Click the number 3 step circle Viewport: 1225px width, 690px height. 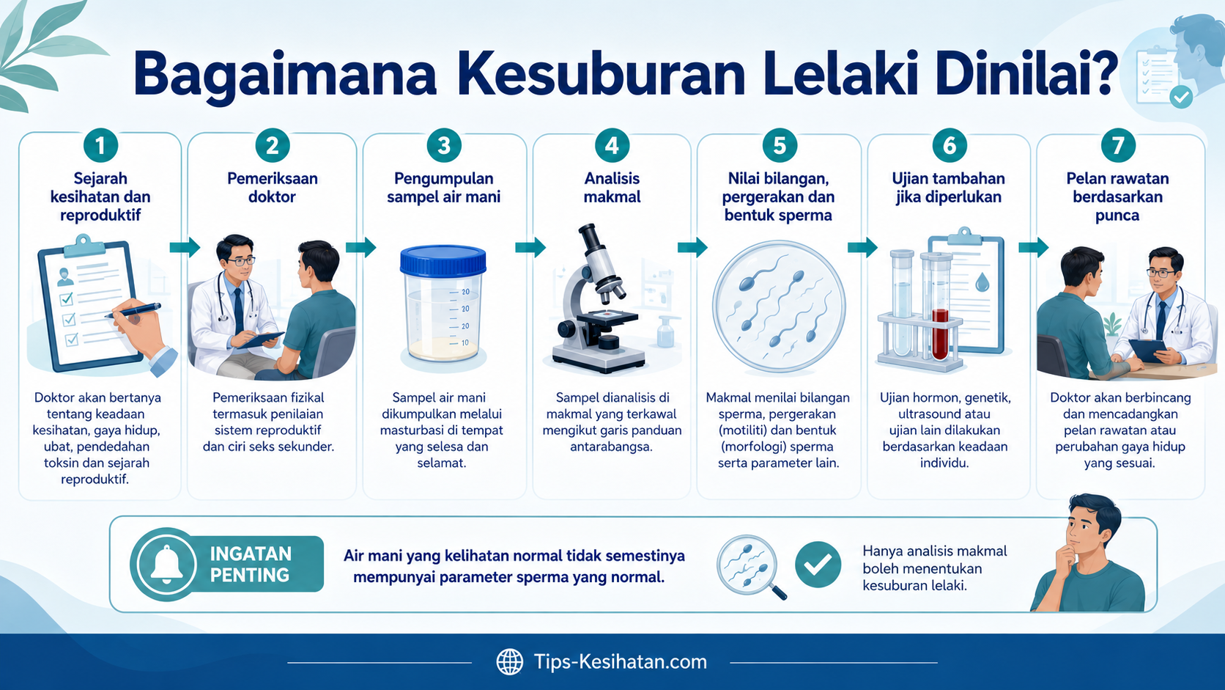click(443, 145)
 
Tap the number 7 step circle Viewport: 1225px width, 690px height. click(1117, 145)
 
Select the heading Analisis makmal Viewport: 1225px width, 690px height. click(612, 188)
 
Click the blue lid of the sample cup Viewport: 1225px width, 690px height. click(443, 260)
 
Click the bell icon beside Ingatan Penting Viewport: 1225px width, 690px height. click(166, 564)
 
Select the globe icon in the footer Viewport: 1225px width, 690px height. click(509, 662)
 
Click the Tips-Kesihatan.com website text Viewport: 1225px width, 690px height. click(620, 661)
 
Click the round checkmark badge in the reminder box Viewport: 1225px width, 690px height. click(818, 565)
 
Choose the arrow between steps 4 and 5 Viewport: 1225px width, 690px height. click(692, 247)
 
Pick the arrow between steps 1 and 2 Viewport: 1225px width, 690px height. click(185, 247)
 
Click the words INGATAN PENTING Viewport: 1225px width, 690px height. click(250, 564)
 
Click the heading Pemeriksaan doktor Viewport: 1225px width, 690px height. click(273, 188)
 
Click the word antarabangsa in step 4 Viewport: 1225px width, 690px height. click(611, 447)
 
